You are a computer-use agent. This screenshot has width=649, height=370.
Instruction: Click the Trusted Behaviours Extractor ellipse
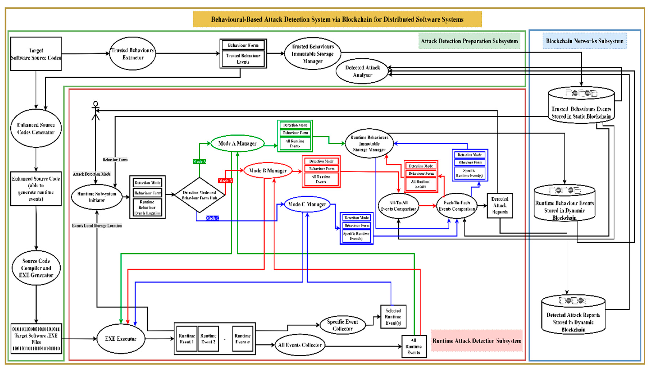(132, 54)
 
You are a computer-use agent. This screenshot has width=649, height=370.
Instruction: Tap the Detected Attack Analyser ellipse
(362, 71)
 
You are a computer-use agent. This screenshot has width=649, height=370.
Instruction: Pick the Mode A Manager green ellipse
(237, 143)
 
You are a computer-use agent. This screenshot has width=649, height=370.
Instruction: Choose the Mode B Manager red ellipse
(268, 171)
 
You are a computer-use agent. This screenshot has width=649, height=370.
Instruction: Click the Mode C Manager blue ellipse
(307, 204)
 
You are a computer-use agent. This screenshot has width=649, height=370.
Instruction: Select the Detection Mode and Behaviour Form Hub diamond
(200, 195)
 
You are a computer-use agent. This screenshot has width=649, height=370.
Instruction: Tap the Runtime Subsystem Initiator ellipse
(97, 197)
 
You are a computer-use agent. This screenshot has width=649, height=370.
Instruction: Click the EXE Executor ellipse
(121, 339)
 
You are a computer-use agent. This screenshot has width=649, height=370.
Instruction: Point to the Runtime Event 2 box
(208, 339)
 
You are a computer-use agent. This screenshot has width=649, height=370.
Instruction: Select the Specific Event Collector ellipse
(342, 325)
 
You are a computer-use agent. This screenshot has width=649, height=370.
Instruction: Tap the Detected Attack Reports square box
(500, 205)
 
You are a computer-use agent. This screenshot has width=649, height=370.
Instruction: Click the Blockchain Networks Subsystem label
(584, 41)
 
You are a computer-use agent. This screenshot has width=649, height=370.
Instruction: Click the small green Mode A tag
(199, 162)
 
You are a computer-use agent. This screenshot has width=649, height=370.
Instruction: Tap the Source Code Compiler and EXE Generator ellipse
(36, 268)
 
